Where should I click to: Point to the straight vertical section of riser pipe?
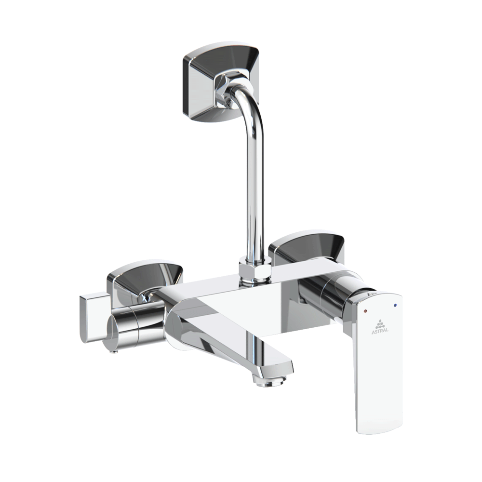point(255,193)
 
